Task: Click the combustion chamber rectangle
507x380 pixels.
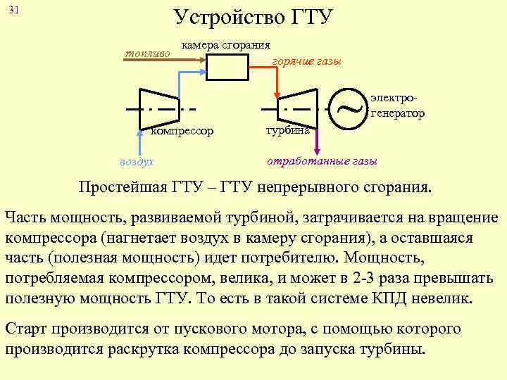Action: tap(227, 67)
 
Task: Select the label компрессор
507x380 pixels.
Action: tap(181, 131)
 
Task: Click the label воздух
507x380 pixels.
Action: tap(136, 161)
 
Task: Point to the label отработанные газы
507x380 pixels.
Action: tap(322, 160)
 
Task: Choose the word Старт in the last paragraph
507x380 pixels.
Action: tap(27, 329)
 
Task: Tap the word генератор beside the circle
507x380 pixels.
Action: tap(398, 113)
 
